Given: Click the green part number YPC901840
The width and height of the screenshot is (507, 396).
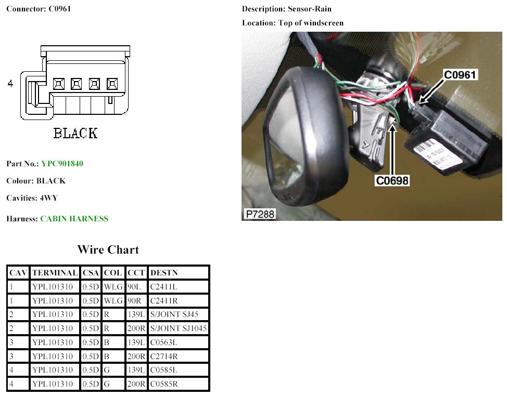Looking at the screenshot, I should click(62, 164).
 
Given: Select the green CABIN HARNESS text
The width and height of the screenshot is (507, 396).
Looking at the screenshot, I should click(74, 219).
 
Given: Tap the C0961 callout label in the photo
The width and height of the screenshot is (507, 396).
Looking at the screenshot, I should click(460, 75).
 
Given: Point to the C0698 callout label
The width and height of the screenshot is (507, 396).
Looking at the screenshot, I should click(392, 180).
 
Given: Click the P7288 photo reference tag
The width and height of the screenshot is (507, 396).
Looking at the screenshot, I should click(259, 214).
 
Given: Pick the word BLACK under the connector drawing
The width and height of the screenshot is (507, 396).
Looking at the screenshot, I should click(75, 133).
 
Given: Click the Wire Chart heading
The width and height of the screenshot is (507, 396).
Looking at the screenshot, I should click(108, 249).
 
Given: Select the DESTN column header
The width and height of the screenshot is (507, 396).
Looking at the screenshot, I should click(162, 273).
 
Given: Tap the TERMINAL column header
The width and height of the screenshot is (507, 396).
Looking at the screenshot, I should click(55, 273).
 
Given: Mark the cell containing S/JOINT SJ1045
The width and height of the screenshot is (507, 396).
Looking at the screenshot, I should click(178, 328).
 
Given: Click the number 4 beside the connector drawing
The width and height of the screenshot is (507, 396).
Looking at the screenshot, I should click(10, 84).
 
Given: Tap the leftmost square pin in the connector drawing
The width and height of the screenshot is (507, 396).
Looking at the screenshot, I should click(59, 83).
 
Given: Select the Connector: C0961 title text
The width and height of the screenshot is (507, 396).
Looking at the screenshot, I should click(39, 9).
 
